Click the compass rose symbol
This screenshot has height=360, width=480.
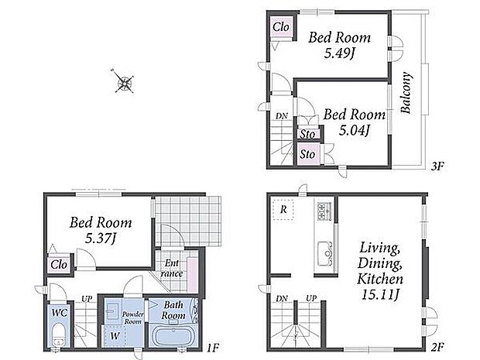124,82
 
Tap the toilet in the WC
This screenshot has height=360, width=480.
59,336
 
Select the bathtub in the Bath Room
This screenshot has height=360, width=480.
174,335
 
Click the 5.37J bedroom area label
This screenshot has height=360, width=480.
101,238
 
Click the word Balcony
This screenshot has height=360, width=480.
406,93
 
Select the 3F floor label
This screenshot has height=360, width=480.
437,166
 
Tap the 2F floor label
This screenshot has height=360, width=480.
437,347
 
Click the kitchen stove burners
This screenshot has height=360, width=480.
324,211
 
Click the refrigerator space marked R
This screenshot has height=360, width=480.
283,210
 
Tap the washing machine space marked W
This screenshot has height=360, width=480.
115,336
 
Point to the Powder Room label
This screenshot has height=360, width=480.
133,317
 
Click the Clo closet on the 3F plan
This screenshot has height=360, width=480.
281,27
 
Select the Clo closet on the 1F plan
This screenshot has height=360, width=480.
59,264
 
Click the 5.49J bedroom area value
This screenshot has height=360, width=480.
339,54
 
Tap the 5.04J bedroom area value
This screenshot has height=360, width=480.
354,131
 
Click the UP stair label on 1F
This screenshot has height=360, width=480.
87,299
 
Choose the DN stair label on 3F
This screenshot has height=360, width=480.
282,116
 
